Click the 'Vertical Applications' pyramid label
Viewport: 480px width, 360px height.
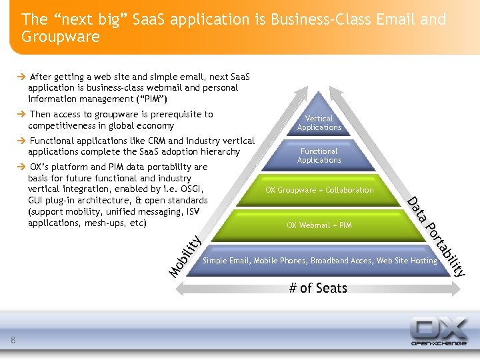click(x=319, y=123)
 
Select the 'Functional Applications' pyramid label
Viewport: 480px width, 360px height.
click(x=319, y=155)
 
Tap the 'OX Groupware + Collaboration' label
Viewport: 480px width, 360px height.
click(x=319, y=190)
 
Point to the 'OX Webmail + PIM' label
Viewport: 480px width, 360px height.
click(x=319, y=225)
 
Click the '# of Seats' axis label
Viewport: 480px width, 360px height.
click(x=317, y=288)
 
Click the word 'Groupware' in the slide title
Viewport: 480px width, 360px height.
click(x=60, y=37)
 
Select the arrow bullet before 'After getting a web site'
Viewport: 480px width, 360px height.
click(x=22, y=77)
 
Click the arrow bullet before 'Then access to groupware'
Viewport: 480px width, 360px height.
click(x=22, y=115)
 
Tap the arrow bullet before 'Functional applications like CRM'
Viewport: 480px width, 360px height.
click(x=22, y=141)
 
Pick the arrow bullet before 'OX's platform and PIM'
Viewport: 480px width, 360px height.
click(x=22, y=167)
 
